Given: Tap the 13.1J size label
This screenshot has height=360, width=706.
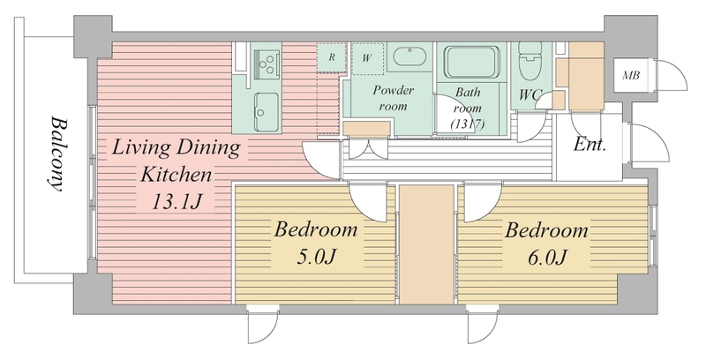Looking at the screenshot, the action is point(176,202).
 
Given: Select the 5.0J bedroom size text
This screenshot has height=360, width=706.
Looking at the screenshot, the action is point(316,257).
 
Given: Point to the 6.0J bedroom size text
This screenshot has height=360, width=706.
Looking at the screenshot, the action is point(546,258).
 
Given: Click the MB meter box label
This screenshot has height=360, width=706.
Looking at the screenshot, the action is point(631,76).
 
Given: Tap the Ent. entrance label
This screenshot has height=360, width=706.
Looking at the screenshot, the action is point(590,145).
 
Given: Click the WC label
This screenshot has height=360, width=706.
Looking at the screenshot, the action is point(530,95).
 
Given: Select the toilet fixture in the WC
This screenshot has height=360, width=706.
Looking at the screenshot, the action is point(530,61).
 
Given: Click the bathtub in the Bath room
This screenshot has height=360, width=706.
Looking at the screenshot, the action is point(472,62).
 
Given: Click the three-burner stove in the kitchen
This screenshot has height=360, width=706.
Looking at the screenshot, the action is point(267,64).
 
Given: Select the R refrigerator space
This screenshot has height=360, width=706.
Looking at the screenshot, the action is point(332,58).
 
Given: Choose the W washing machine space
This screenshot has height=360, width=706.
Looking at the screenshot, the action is point(367,58).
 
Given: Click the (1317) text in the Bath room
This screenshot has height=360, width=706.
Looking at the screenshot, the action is point(468,124).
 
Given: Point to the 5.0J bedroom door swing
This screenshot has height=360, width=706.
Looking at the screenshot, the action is point(367,202).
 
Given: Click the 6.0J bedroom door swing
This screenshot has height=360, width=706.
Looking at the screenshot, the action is point(482,202).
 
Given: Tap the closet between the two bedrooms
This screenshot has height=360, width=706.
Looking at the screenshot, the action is point(426,244).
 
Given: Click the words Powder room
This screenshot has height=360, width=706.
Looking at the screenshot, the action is point(393,98).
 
